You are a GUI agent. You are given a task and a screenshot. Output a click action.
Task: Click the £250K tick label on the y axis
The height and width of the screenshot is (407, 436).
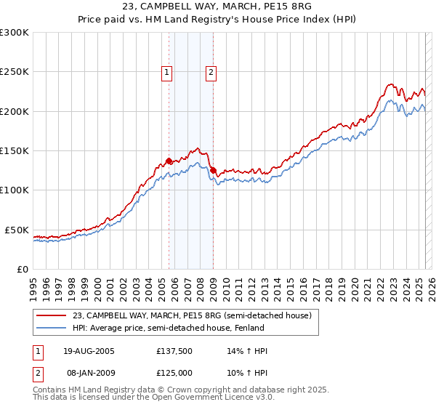coord(15,72)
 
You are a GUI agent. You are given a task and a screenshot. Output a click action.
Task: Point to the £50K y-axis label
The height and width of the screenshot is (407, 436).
coord(17,230)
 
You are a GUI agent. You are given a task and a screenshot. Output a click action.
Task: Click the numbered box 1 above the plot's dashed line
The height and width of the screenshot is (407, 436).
coord(167,72)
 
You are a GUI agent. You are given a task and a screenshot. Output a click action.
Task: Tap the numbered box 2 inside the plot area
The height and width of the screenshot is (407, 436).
coord(211,72)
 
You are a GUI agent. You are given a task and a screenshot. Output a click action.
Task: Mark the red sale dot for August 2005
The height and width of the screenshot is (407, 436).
coord(169,161)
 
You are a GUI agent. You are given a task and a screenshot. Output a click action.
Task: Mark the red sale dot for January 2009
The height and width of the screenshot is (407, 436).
coord(213,171)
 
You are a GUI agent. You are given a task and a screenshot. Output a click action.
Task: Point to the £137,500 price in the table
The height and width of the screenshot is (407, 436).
coord(176,351)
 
